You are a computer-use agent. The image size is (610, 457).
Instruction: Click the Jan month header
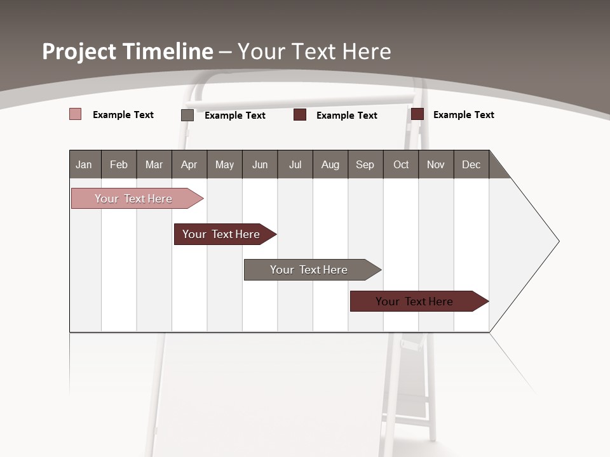(x=85, y=164)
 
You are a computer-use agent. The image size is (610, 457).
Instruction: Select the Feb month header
(x=119, y=164)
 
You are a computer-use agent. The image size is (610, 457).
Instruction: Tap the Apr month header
(x=189, y=164)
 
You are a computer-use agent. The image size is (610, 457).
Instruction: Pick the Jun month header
(x=260, y=164)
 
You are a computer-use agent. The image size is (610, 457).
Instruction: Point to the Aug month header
(x=330, y=164)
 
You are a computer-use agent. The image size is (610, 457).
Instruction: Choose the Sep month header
(x=365, y=164)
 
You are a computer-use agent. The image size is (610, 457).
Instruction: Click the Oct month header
(x=401, y=164)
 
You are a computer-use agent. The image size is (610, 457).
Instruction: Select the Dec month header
(x=471, y=164)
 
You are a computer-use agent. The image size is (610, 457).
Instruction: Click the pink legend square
(x=76, y=114)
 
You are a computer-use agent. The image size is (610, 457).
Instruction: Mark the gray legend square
(x=187, y=115)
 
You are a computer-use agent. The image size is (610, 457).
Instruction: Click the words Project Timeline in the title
(x=127, y=51)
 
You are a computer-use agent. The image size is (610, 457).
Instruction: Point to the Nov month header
(x=436, y=164)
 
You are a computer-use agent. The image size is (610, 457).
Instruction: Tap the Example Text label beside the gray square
(x=235, y=116)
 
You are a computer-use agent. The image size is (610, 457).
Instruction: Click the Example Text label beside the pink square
(x=123, y=115)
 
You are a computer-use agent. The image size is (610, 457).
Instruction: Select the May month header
(x=224, y=164)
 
